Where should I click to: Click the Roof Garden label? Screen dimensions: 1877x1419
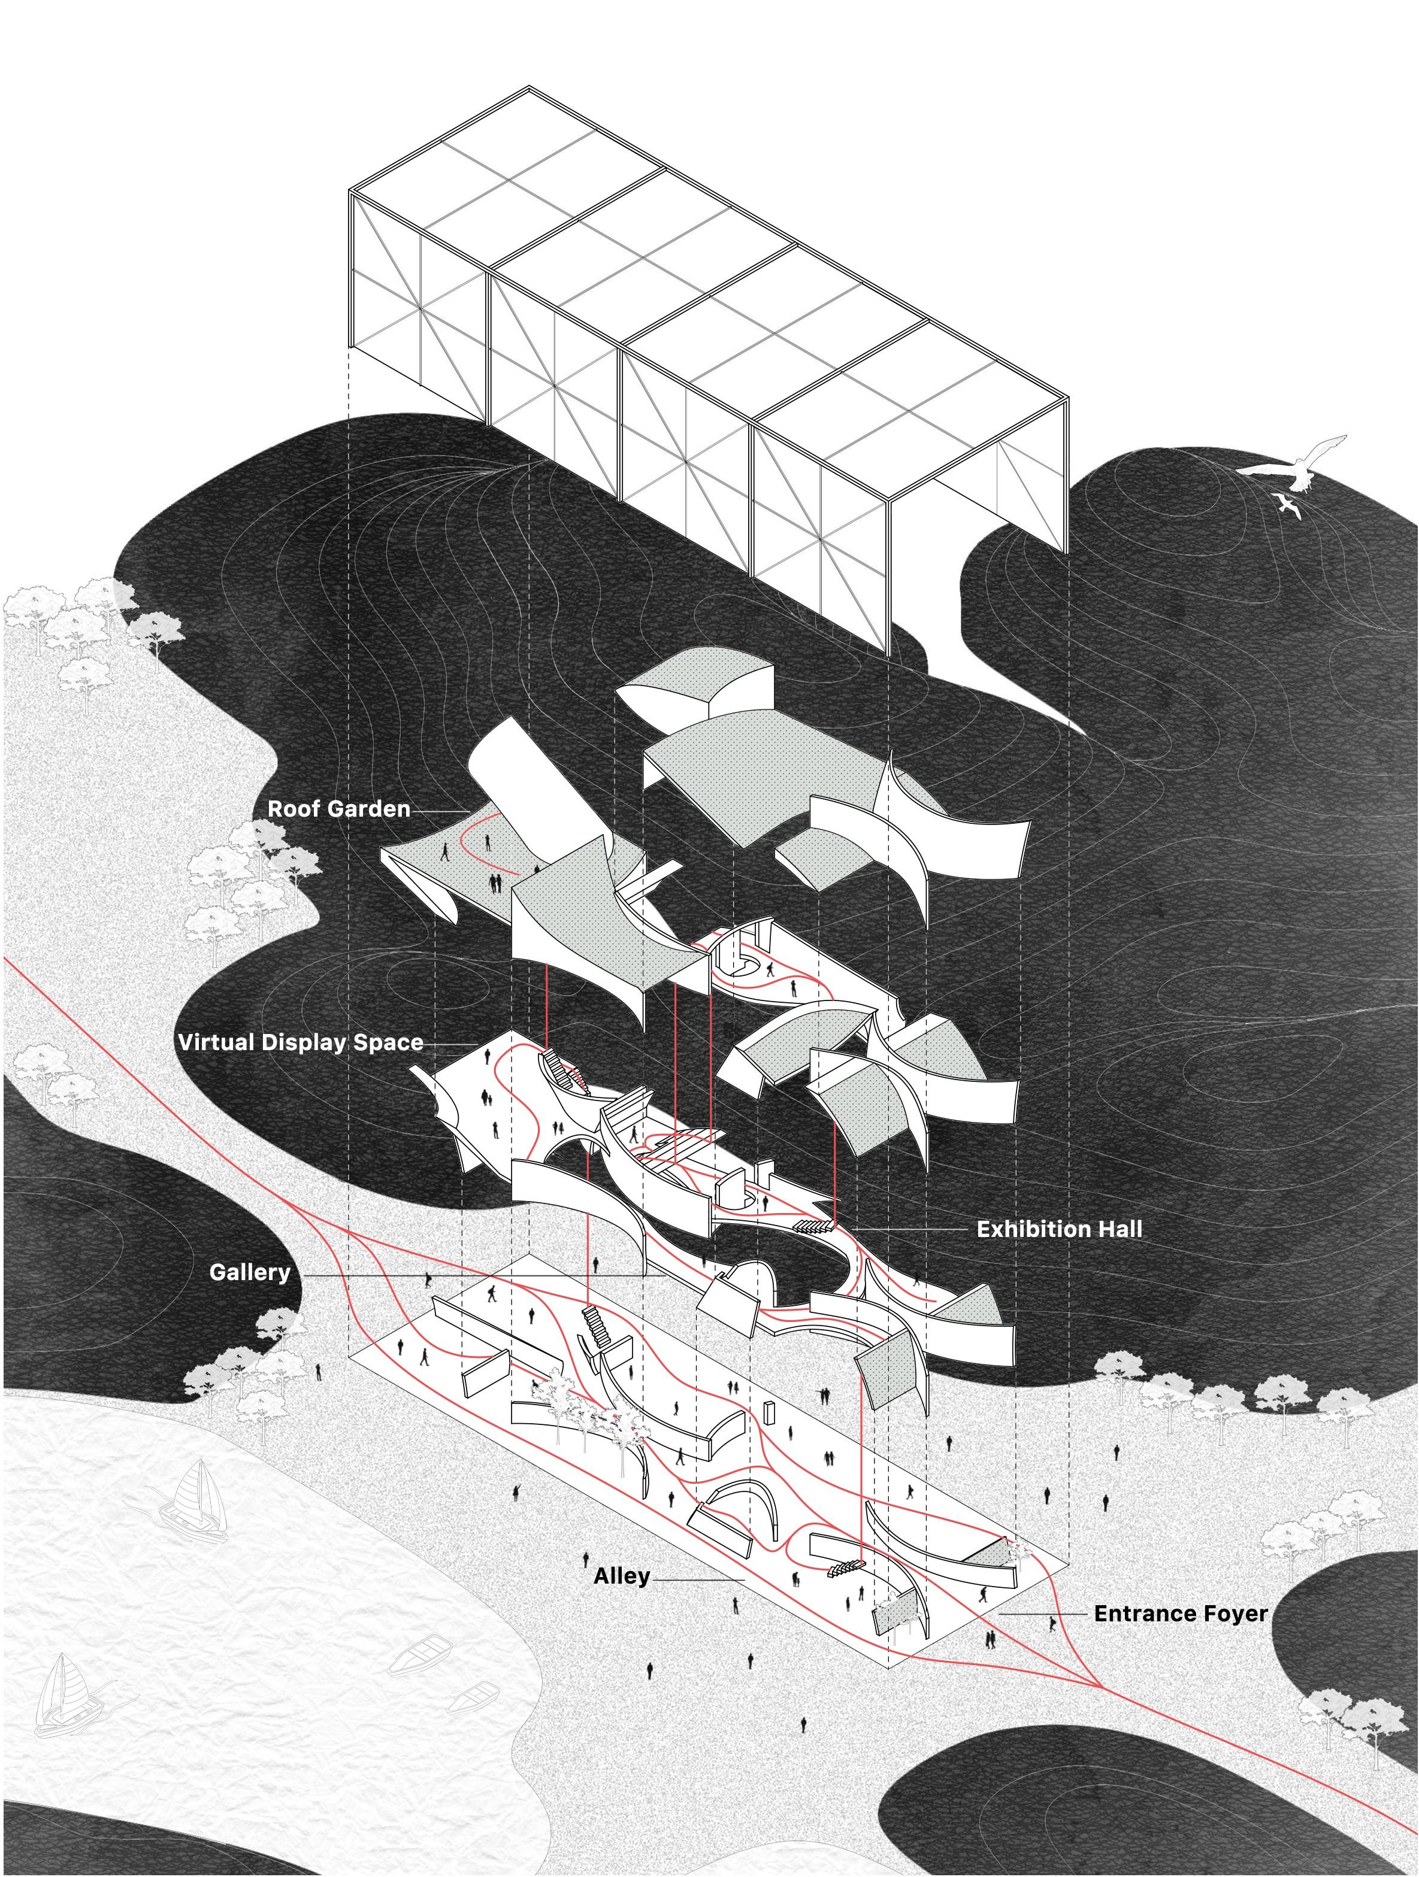coord(338,809)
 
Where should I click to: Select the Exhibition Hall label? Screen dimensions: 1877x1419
coord(1059,1229)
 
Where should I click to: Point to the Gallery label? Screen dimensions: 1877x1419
coord(250,1272)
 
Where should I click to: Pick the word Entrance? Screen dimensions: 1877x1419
coord(1146,1613)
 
